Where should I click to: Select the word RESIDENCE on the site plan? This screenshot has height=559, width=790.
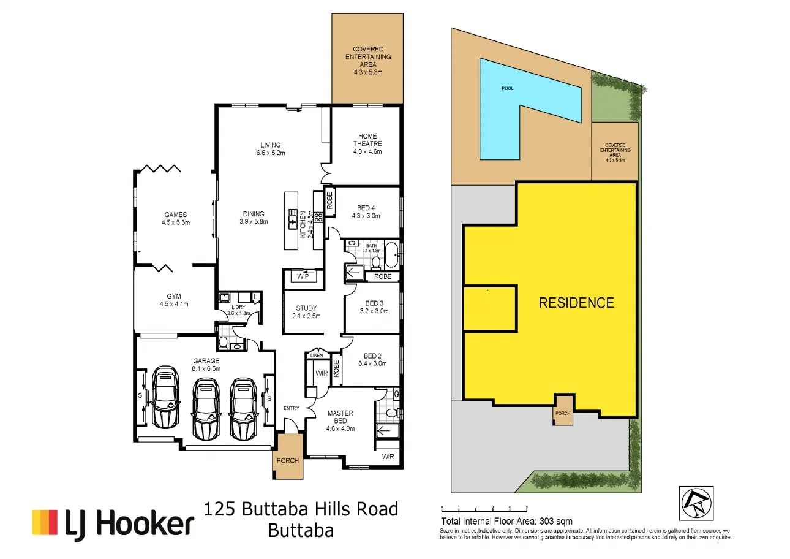click(x=576, y=303)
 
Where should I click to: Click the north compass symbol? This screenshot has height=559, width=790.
click(x=696, y=504)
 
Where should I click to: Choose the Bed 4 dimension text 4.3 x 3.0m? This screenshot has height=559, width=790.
click(x=366, y=216)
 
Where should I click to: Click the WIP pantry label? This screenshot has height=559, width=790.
click(x=303, y=276)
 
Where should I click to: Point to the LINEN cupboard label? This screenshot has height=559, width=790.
click(x=316, y=356)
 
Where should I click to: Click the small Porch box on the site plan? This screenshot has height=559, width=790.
click(x=562, y=411)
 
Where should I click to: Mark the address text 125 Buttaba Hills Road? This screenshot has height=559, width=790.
click(x=301, y=509)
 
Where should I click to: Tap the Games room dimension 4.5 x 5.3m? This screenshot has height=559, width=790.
click(x=175, y=222)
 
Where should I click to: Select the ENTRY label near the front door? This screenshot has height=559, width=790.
click(x=291, y=408)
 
